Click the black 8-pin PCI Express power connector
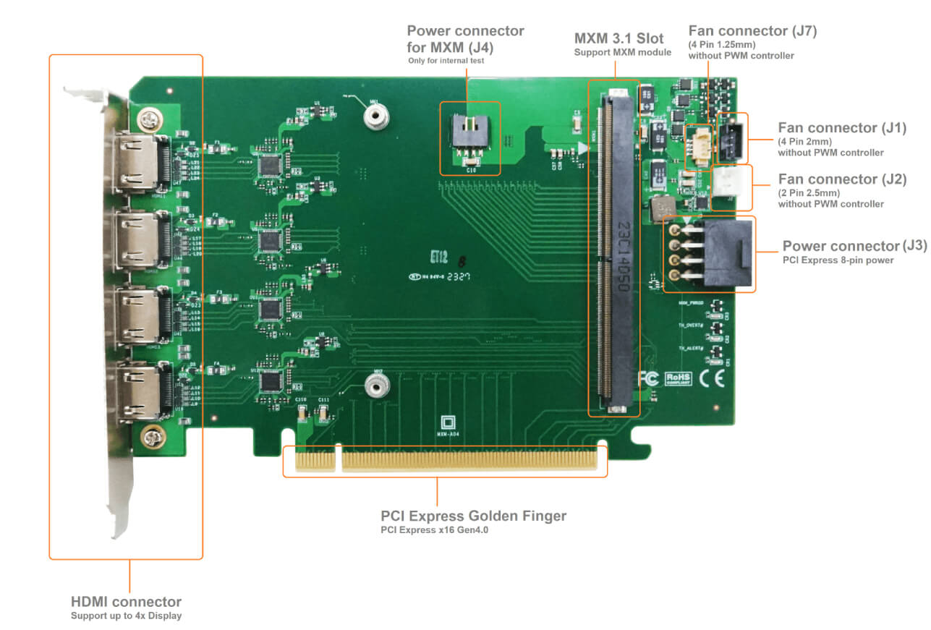(727, 254)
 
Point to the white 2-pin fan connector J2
(729, 187)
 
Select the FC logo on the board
(648, 378)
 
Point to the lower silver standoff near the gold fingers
(374, 388)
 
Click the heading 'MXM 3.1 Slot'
(618, 38)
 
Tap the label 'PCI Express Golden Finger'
(473, 516)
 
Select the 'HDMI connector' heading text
(126, 602)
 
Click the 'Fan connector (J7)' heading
(752, 31)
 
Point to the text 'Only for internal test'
(446, 61)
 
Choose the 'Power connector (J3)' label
(854, 246)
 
